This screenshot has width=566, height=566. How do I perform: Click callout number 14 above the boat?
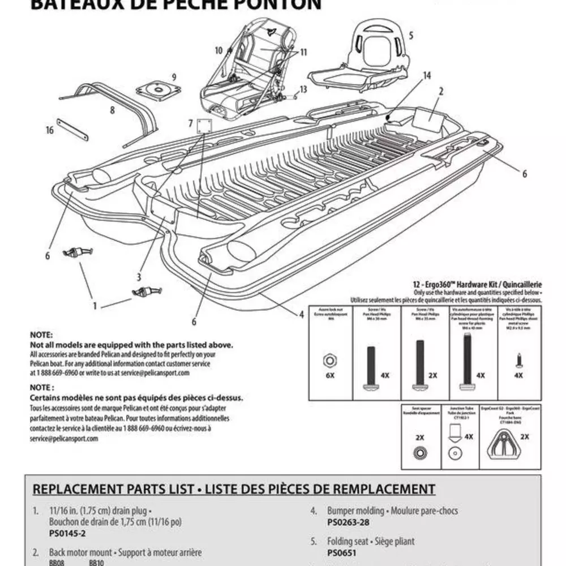[426, 75]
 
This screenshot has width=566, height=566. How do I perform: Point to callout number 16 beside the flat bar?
[50, 131]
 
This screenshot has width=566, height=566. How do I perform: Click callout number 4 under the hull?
[301, 315]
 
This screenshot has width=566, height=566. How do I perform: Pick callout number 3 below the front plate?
[139, 277]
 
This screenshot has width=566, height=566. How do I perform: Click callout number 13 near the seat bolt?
[303, 89]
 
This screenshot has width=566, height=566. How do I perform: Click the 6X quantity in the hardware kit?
[328, 375]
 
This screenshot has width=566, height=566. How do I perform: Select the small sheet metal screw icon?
[518, 358]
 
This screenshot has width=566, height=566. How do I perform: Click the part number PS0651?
[341, 554]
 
